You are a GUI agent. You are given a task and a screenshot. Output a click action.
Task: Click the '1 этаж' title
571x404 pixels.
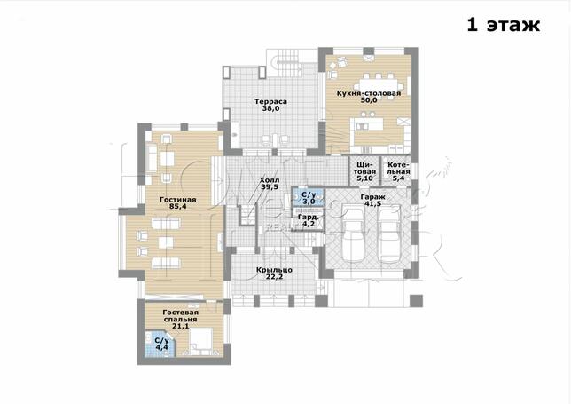(x=504, y=25)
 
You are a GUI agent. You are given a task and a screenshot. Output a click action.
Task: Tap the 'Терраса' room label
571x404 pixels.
(x=270, y=102)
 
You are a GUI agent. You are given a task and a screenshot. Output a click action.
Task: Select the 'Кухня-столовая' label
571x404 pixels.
(x=369, y=93)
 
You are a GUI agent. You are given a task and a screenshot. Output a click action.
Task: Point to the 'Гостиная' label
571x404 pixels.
(x=177, y=200)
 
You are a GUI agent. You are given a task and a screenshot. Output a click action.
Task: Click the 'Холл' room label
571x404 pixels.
(x=270, y=180)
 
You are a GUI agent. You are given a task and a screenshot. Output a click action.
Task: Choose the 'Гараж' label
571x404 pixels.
(x=373, y=197)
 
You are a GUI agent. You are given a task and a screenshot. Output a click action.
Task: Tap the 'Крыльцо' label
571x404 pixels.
(x=274, y=270)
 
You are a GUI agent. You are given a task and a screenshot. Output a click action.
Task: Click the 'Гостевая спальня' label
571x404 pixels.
(x=181, y=316)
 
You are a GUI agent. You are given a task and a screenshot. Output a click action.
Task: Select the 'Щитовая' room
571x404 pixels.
(x=365, y=171)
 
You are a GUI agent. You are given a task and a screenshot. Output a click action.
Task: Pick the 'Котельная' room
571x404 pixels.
(x=397, y=171)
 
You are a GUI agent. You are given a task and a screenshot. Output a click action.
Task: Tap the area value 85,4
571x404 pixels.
(x=178, y=206)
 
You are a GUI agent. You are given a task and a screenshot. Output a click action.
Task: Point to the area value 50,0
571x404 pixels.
(x=369, y=100)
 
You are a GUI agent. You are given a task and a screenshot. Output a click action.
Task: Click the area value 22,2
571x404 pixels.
(x=274, y=277)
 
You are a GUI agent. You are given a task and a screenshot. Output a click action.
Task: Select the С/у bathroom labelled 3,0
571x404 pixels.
(x=308, y=197)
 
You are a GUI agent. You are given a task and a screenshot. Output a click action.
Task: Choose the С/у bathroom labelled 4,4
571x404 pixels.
(x=160, y=344)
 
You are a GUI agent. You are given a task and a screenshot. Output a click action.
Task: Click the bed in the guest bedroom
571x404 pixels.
(x=200, y=342)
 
